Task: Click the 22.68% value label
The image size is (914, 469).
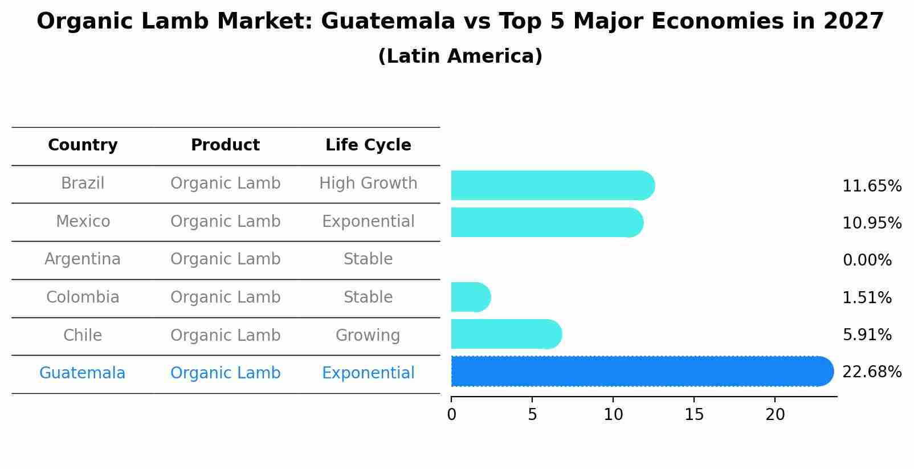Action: pyautogui.click(x=871, y=372)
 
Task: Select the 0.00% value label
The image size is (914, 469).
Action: pyautogui.click(x=867, y=260)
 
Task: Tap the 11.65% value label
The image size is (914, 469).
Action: pyautogui.click(x=871, y=186)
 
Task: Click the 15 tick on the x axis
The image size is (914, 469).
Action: pyautogui.click(x=694, y=415)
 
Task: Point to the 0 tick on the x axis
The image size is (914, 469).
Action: pyautogui.click(x=451, y=415)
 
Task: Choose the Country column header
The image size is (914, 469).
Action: pyautogui.click(x=83, y=145)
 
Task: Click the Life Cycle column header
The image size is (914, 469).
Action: pyautogui.click(x=368, y=145)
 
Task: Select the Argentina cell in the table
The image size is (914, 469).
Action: pyautogui.click(x=83, y=259)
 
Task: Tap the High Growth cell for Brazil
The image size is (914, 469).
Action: pyautogui.click(x=368, y=183)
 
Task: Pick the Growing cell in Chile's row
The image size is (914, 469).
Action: pyautogui.click(x=368, y=335)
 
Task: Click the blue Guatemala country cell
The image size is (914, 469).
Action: pyautogui.click(x=83, y=373)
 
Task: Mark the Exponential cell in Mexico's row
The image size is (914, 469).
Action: pyautogui.click(x=368, y=221)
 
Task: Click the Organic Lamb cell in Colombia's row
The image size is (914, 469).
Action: pyautogui.click(x=225, y=297)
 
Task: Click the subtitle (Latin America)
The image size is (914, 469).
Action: pyautogui.click(x=460, y=56)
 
